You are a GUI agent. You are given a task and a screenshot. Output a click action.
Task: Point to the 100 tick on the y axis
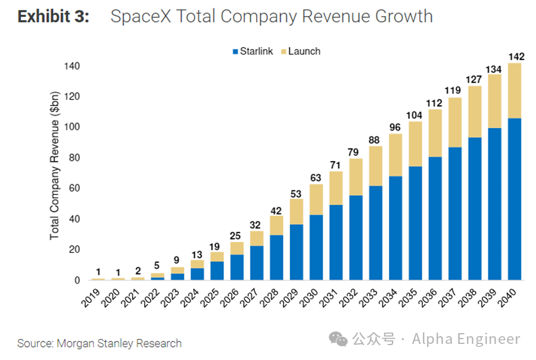coord(71,127)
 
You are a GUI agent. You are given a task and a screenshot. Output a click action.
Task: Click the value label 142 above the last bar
coord(515,57)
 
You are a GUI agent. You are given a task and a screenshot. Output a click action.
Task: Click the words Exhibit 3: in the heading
coord(53,16)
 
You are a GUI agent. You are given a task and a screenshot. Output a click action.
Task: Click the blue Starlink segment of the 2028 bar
coord(276,257)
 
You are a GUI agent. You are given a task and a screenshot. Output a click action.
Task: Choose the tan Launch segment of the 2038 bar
coord(475,112)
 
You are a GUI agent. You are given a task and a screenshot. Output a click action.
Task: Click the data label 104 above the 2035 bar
coord(415,115)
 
